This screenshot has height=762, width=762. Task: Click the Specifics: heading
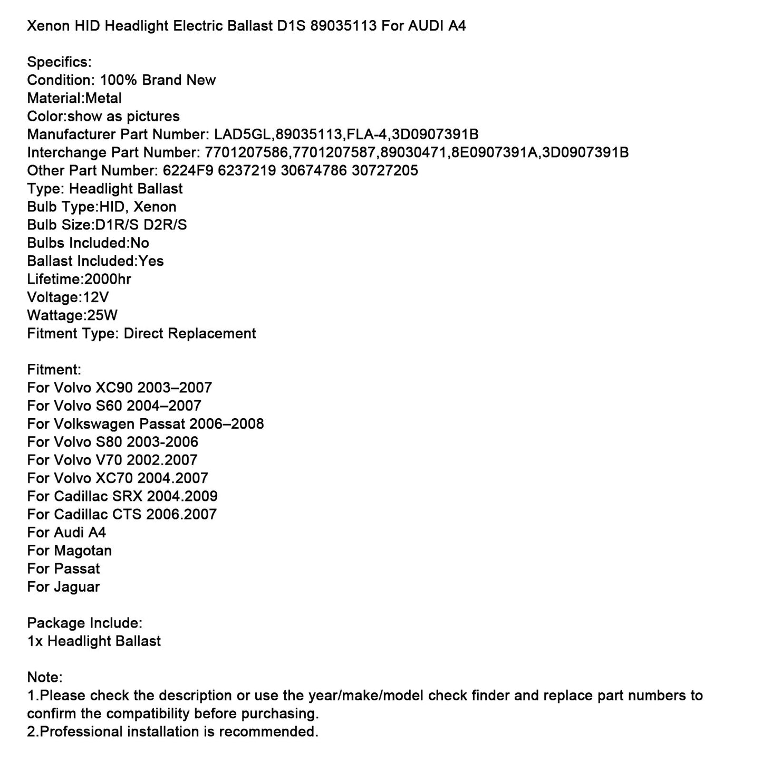59,62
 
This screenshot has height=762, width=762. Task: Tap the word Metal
103,99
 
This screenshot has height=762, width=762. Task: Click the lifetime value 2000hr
108,279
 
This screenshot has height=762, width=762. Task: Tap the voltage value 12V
96,297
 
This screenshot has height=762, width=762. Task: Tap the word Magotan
83,551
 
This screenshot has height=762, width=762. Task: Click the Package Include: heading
84,623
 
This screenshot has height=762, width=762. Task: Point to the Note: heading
45,677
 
